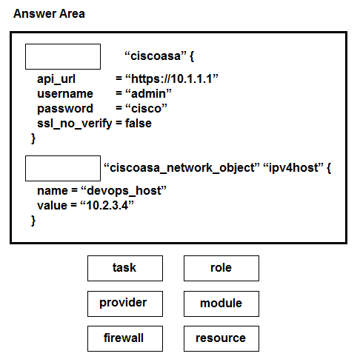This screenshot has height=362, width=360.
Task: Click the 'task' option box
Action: pyautogui.click(x=125, y=268)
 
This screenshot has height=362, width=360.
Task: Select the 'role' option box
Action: pyautogui.click(x=221, y=268)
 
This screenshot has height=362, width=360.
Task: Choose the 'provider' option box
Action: pyautogui.click(x=125, y=304)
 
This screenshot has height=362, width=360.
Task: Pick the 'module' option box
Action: pyautogui.click(x=221, y=304)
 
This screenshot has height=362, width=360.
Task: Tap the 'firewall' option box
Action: pyautogui.click(x=125, y=338)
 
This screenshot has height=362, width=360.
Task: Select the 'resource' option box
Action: pyautogui.click(x=221, y=338)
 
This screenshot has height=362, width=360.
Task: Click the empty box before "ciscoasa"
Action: pyautogui.click(x=63, y=56)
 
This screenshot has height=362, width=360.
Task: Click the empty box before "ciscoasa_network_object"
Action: pyautogui.click(x=63, y=168)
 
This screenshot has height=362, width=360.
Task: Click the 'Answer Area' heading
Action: pyautogui.click(x=49, y=13)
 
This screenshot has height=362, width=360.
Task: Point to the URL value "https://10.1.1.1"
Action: pyautogui.click(x=172, y=79)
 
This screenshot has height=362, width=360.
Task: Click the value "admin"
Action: pyautogui.click(x=148, y=94)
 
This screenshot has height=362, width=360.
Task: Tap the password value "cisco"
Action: pyautogui.click(x=146, y=109)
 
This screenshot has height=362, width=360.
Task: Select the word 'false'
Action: pyautogui.click(x=139, y=123)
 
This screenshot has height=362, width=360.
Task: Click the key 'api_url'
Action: pyautogui.click(x=56, y=79)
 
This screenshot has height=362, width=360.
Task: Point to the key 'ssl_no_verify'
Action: pyautogui.click(x=74, y=124)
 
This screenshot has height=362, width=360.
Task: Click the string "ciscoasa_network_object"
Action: pyautogui.click(x=181, y=168)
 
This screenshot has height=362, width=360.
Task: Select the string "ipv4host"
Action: pyautogui.click(x=293, y=168)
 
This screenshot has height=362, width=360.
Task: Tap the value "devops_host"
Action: pyautogui.click(x=124, y=191)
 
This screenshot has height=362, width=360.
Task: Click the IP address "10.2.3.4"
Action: pyautogui.click(x=107, y=205)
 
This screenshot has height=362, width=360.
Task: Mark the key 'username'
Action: pyautogui.click(x=65, y=94)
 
